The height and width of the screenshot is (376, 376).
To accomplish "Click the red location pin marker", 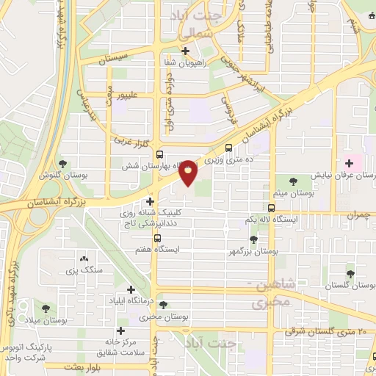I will (189, 172).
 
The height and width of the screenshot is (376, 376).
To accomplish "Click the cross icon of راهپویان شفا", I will (186, 51).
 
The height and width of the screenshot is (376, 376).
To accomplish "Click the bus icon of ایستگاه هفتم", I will (157, 238).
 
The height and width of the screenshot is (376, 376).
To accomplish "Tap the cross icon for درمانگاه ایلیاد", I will (131, 290).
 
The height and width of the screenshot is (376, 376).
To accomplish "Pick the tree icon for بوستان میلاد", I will (46, 308).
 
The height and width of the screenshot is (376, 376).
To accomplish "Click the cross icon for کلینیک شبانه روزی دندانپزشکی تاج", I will (151, 200).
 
